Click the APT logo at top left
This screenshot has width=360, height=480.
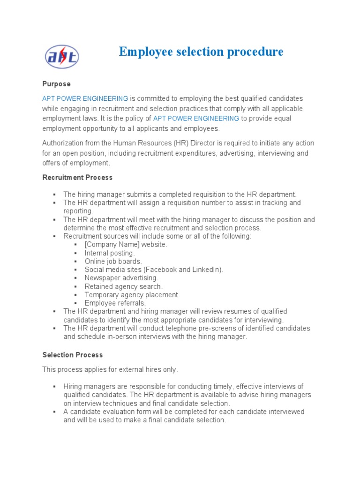coord(62,57)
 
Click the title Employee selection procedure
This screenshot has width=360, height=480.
coord(201,52)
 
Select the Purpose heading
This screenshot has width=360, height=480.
coord(56,84)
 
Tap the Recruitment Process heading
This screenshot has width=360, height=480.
coord(77,178)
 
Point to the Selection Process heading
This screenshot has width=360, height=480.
coord(72,355)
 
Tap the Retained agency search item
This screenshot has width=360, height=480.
coord(124,286)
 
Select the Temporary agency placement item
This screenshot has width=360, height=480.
coord(132,295)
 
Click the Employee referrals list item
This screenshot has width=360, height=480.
coord(115,303)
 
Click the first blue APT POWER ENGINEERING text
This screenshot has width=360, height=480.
coord(85,98)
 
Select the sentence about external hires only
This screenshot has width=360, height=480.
coord(110,369)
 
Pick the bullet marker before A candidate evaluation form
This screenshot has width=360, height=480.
coord(54,412)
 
